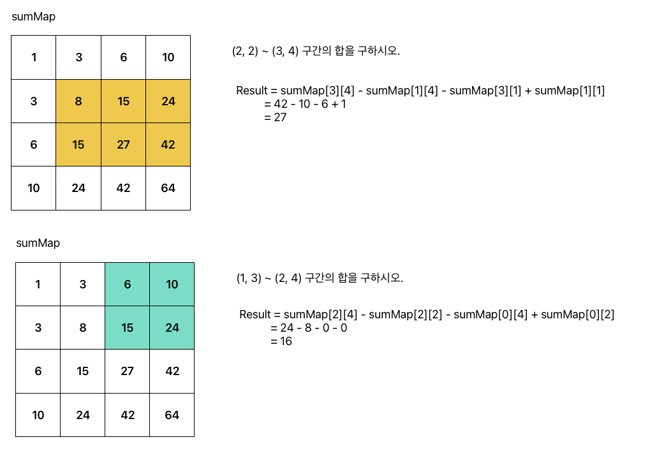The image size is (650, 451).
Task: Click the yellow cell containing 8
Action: point(78,101)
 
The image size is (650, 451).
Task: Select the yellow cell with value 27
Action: point(123,145)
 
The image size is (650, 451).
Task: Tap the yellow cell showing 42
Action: point(168,145)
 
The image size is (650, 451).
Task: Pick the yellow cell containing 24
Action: point(168,101)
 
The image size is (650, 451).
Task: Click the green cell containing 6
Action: point(128,285)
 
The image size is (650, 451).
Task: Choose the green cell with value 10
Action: point(172,285)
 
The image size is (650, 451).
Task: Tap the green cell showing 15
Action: point(128,328)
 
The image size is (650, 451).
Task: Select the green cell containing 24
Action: point(172,328)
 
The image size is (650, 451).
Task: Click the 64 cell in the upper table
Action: point(168,188)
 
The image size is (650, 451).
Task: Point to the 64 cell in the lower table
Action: point(172,415)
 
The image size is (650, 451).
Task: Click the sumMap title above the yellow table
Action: point(34,17)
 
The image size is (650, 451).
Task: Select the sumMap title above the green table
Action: point(38,243)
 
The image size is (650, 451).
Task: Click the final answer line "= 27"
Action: point(275,117)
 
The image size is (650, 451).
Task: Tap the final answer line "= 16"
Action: point(281,341)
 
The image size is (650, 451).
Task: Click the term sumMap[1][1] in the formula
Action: point(569,91)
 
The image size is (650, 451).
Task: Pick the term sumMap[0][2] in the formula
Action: point(577,314)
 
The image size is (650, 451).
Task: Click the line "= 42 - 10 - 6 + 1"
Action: point(304,104)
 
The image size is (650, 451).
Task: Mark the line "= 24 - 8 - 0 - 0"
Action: point(309,328)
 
